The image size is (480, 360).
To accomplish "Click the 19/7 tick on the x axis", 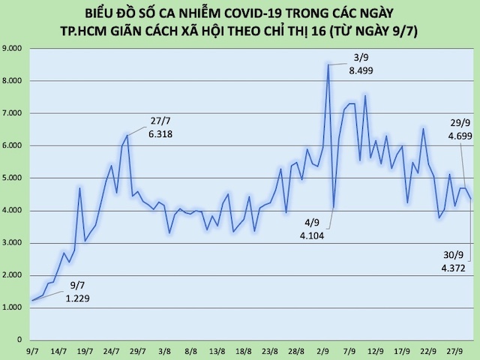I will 85,350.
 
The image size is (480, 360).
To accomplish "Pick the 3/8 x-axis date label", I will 165,350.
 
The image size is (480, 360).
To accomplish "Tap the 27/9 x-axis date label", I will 453,350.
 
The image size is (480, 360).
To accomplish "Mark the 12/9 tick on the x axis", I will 376,350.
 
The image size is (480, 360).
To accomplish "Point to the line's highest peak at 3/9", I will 328,65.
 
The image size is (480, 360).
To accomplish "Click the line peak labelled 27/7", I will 127,135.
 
